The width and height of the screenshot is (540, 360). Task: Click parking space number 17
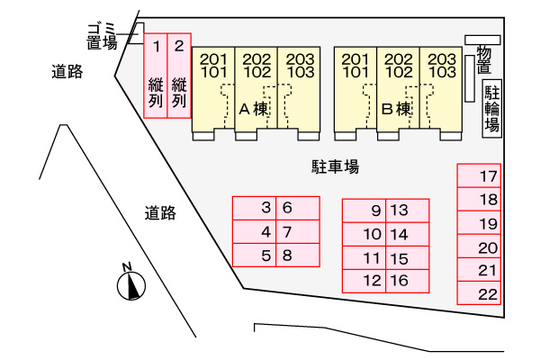pos(479,175)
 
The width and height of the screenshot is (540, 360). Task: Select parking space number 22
pos(479,293)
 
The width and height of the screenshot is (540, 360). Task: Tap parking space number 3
pos(254,208)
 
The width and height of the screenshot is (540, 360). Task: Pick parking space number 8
pos(298,256)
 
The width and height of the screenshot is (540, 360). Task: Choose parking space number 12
pos(364,281)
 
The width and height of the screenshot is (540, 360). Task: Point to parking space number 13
pos(407,211)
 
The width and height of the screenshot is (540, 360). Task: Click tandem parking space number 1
pos(156,76)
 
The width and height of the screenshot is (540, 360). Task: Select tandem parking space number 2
pos(179,76)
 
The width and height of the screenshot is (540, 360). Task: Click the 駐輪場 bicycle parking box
pos(491,109)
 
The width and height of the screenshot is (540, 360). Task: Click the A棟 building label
pos(254,109)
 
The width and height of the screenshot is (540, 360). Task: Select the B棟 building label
pos(396,109)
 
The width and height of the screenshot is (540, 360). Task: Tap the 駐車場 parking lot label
pos(335,166)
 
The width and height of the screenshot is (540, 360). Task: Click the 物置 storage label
pos(483,60)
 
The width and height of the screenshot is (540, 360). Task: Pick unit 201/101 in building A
pos(213,94)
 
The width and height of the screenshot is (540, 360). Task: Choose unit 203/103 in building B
pos(441,94)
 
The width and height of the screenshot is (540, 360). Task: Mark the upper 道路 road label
pos(67,72)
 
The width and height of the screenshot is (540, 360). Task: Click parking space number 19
pos(479,223)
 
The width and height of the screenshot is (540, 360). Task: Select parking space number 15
pos(407,257)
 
